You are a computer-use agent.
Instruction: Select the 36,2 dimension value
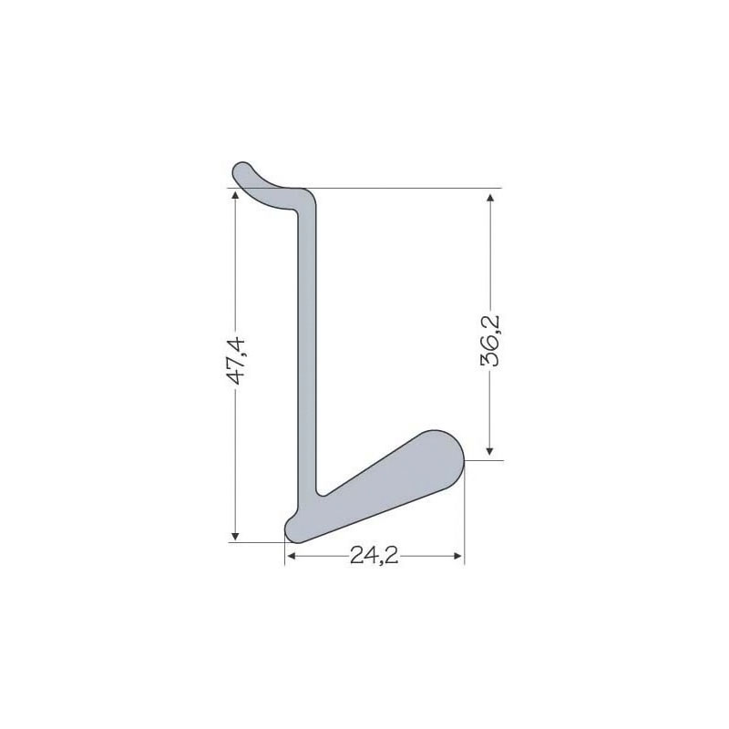(x=490, y=341)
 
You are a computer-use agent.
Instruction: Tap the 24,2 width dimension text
(x=374, y=555)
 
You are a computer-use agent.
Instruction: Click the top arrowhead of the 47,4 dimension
(x=235, y=194)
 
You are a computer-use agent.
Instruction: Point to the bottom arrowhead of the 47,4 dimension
(x=235, y=537)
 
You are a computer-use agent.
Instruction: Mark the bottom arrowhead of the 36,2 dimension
(x=489, y=450)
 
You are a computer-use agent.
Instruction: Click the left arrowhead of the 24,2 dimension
(x=292, y=556)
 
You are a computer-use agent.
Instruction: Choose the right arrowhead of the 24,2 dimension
(x=457, y=556)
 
